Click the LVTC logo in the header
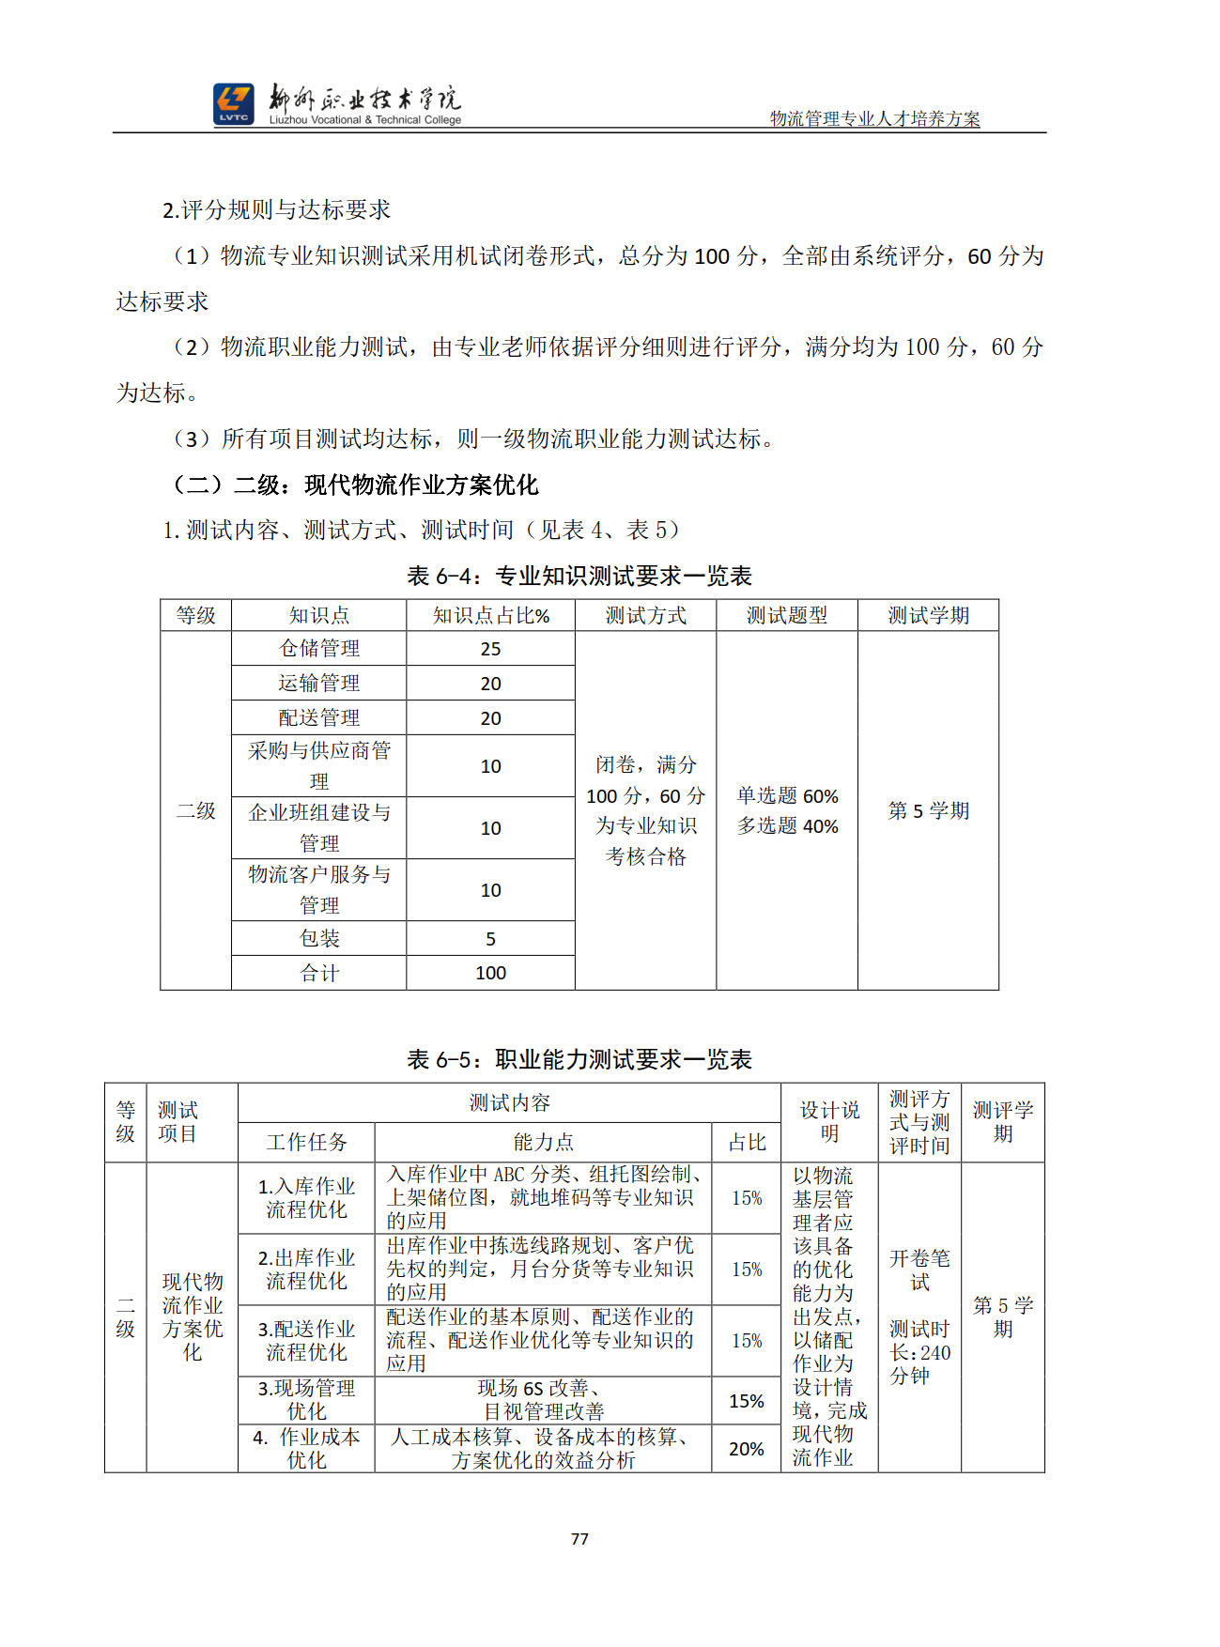(233, 104)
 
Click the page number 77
(579, 1538)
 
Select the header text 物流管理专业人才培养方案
(874, 119)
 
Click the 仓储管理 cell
(319, 648)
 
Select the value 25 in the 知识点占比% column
(490, 649)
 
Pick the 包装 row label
(319, 938)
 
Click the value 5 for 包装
(490, 939)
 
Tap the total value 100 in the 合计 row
(490, 973)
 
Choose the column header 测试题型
(786, 615)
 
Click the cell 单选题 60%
(787, 796)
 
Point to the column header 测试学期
(928, 615)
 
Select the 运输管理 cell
(319, 683)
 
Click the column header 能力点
(543, 1142)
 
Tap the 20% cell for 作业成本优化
(747, 1449)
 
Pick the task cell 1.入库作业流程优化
(306, 1198)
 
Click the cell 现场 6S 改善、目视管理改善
(543, 1400)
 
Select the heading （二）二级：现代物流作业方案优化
(356, 485)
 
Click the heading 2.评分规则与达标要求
(276, 209)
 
